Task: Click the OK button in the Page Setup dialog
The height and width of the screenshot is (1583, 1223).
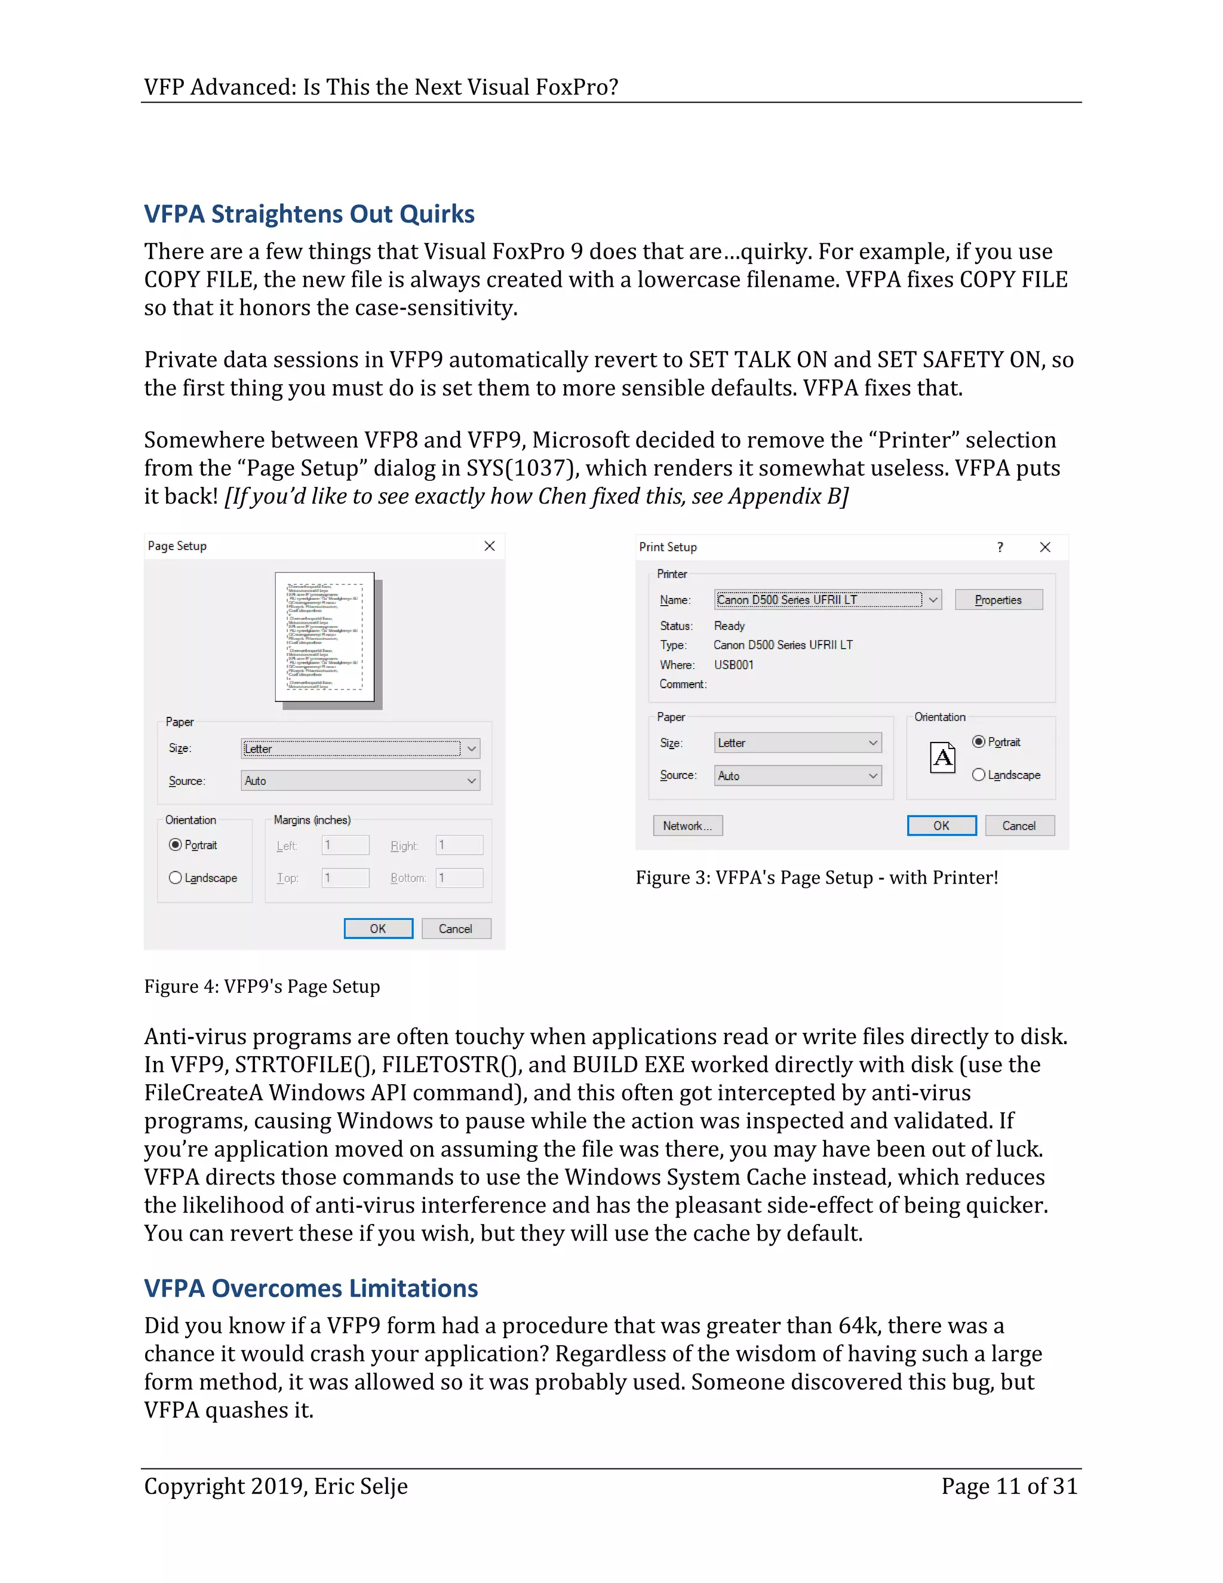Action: point(378,928)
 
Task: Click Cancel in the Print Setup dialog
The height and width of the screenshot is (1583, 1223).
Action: point(1018,826)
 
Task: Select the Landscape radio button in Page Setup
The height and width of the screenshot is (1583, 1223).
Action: point(176,878)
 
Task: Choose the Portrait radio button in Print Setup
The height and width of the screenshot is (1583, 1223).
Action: point(979,741)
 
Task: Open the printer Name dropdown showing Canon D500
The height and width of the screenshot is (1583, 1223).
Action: point(828,599)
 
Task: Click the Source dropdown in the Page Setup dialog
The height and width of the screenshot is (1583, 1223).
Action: point(360,781)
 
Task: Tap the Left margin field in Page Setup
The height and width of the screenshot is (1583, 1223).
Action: point(346,845)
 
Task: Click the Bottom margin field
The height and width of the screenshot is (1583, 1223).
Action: point(459,878)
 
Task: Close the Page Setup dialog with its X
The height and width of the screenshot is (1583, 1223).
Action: point(490,546)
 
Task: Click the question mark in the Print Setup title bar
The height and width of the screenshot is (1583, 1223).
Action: point(1000,547)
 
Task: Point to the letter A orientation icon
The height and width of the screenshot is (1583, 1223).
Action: point(942,757)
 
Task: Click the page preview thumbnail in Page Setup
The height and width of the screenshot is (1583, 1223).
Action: point(325,636)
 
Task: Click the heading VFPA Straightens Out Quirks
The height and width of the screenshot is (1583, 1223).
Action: point(309,214)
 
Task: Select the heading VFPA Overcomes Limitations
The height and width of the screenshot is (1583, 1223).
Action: point(311,1288)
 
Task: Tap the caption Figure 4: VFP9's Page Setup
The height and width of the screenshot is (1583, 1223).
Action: point(262,986)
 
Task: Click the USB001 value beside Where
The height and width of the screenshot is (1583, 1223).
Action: point(733,665)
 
